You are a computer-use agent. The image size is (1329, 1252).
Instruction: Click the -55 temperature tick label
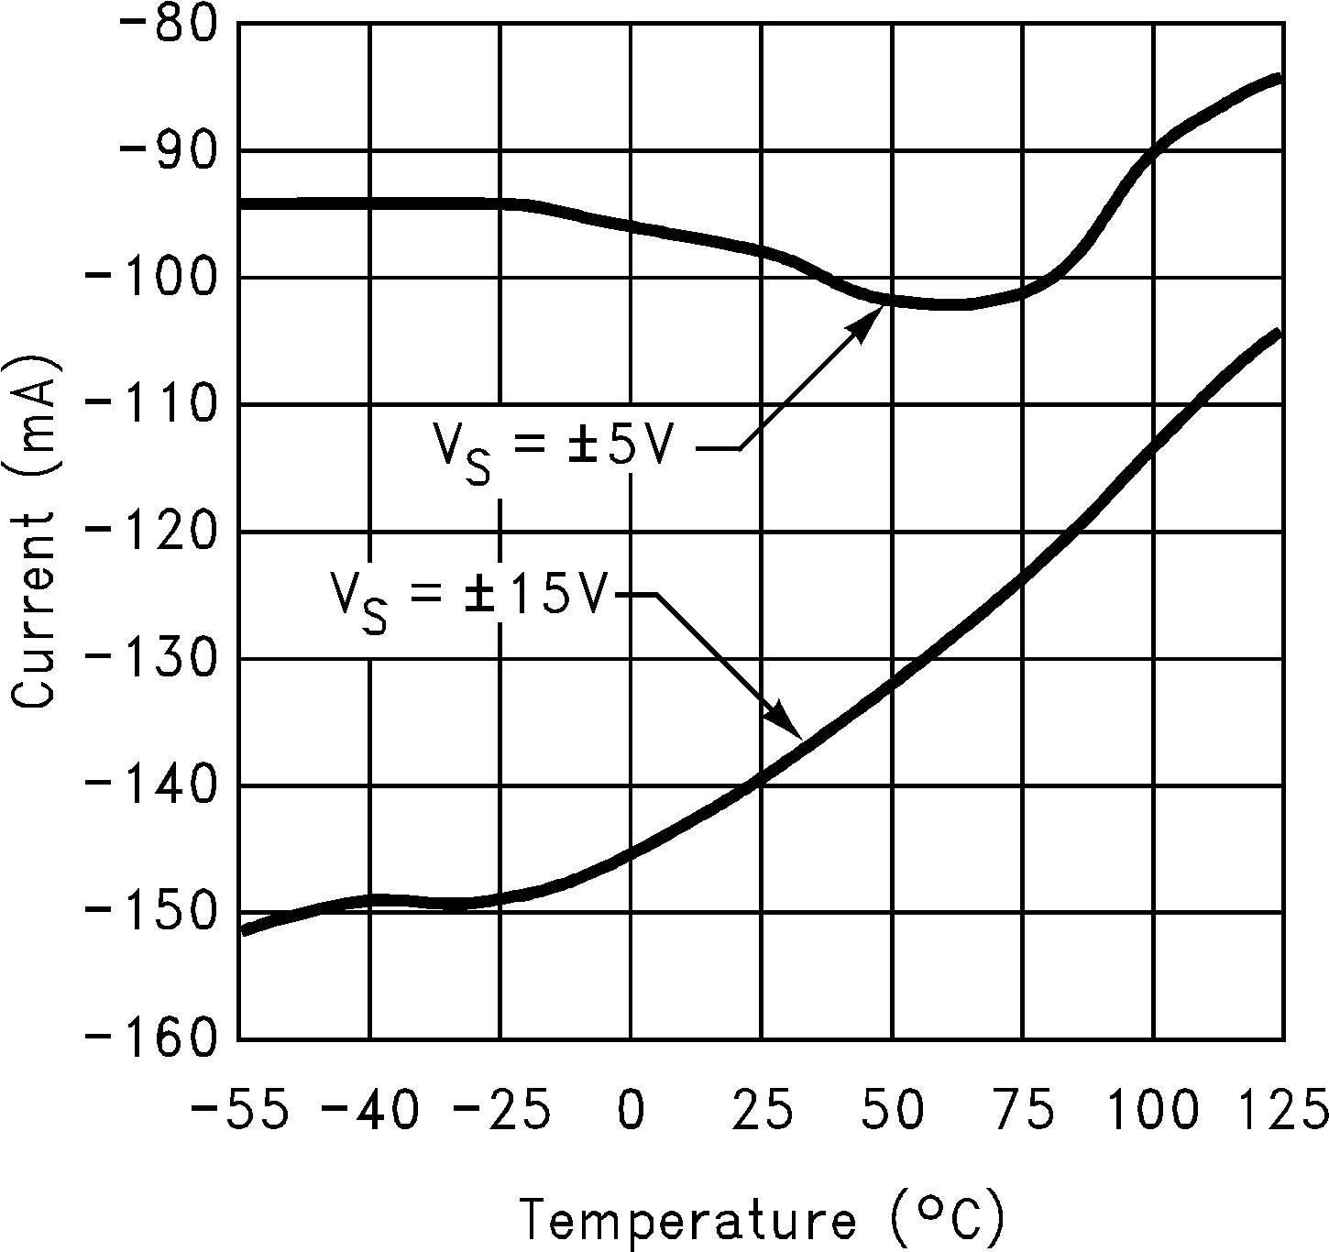point(239,1110)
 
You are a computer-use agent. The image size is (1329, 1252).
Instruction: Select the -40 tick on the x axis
point(370,1110)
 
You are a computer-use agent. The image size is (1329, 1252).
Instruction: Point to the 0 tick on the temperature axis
point(632,1110)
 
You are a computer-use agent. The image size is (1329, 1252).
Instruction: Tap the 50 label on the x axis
point(893,1110)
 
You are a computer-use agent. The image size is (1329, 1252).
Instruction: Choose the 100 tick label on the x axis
point(1153,1110)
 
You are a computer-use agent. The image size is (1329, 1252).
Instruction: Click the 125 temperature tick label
point(1280,1110)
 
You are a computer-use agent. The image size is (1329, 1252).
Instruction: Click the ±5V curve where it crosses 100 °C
point(1153,152)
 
